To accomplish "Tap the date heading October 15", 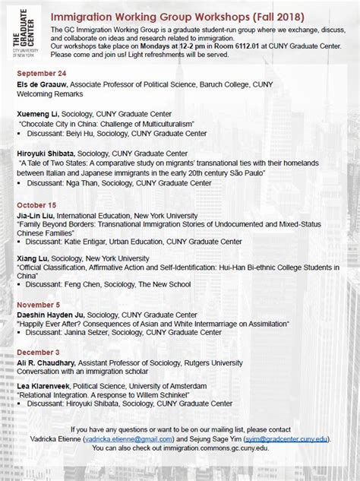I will click(33, 205).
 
